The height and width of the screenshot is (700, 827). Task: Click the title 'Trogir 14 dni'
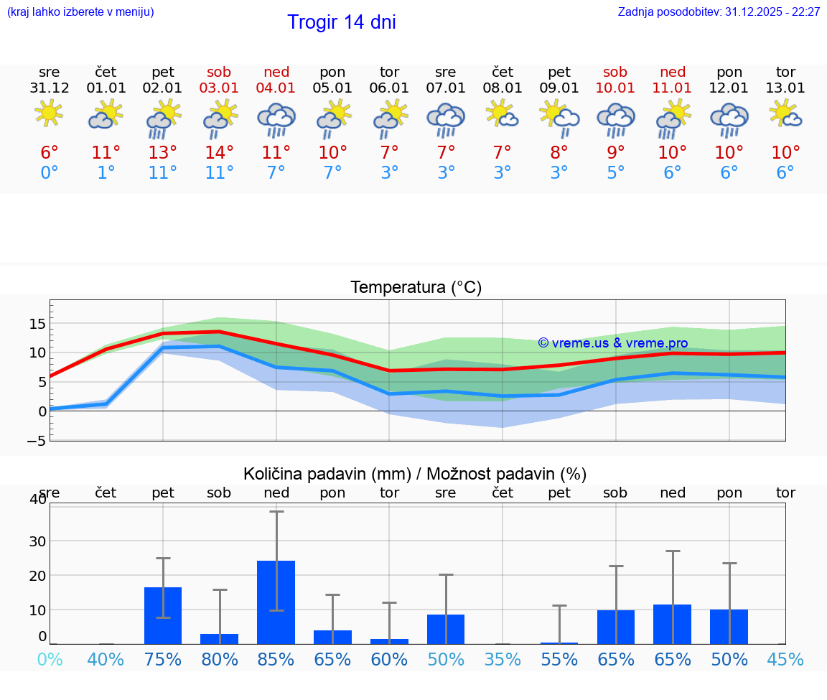click(x=342, y=22)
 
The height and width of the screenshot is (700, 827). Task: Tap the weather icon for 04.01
click(x=276, y=119)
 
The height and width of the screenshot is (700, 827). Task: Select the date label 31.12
click(x=50, y=88)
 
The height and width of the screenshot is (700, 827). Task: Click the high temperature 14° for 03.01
click(x=220, y=152)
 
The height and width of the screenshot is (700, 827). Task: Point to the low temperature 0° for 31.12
click(x=50, y=172)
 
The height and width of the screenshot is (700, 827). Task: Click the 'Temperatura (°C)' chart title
click(x=416, y=288)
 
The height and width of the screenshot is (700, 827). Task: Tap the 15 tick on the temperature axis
click(x=37, y=324)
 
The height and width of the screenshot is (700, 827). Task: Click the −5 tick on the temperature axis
click(x=36, y=441)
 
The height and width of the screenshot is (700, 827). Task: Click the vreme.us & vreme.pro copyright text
click(x=613, y=343)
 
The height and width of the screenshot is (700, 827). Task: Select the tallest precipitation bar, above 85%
click(x=276, y=602)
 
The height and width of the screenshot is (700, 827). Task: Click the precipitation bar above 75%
click(x=163, y=615)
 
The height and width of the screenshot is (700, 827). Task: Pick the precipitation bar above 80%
click(x=220, y=639)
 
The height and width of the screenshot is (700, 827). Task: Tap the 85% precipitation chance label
click(x=276, y=659)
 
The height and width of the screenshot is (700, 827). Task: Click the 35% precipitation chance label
click(x=503, y=659)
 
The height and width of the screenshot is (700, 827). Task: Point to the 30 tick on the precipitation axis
click(x=37, y=541)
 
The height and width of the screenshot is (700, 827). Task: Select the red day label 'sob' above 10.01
click(x=615, y=72)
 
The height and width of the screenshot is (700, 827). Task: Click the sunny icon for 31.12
click(x=49, y=113)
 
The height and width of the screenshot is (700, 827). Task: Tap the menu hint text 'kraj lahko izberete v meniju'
click(x=80, y=12)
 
